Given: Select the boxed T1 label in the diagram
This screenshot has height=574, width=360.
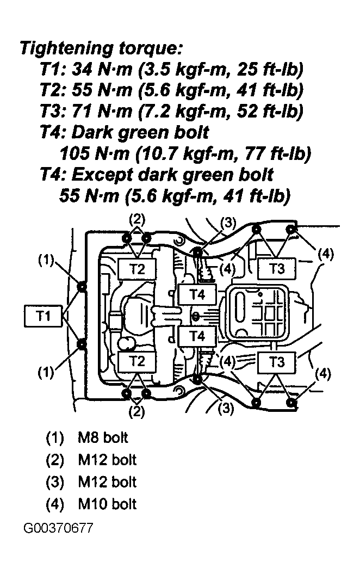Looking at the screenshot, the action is pos(43,316).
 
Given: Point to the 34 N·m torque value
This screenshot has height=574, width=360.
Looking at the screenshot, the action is pos(102,69).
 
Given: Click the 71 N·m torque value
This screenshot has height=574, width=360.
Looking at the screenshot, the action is pos(102,111).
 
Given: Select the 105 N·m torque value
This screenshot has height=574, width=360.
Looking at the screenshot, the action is pos(95,153).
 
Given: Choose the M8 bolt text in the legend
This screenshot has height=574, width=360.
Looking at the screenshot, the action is pos(103,437).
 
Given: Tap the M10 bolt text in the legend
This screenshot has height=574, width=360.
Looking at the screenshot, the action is pos(107,504).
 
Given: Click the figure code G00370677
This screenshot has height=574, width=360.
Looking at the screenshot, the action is pos(59,528).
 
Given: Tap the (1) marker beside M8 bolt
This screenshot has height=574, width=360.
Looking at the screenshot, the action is pos(54,438).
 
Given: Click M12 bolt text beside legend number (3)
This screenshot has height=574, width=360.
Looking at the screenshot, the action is pos(107,482).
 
